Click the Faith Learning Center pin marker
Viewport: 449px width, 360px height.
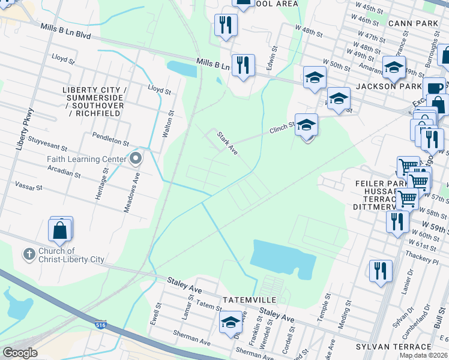135,159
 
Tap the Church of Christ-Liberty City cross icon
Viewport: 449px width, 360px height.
29,254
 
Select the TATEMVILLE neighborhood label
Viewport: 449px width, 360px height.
249,299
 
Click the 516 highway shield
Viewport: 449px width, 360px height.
100,325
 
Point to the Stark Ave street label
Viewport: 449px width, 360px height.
228,144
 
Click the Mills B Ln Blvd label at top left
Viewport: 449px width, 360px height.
66,32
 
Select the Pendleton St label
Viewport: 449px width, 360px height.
110,140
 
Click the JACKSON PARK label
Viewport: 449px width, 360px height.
397,86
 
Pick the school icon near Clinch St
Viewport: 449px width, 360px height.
306,125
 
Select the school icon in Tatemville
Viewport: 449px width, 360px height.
231,322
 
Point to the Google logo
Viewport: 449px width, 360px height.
20,352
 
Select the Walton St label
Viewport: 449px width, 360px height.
170,124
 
